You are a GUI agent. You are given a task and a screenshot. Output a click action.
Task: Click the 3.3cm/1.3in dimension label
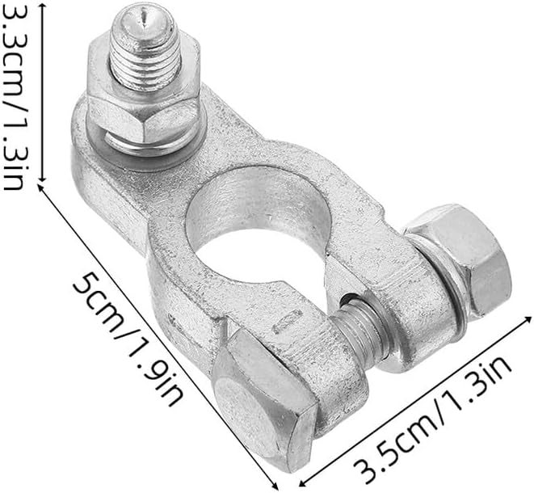[13, 97]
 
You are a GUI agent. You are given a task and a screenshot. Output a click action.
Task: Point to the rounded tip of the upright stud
[145, 19]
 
